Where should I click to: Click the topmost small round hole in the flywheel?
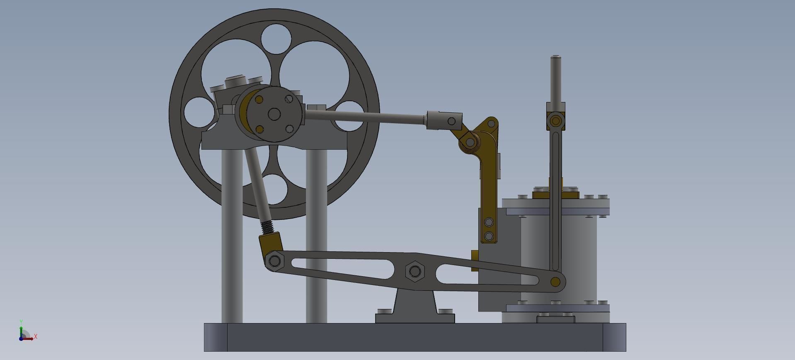(276, 39)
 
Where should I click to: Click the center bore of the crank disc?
(274, 114)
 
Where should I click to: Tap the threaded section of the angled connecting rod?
(268, 227)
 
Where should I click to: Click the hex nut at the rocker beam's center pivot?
(414, 272)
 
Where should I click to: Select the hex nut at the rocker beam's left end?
(274, 261)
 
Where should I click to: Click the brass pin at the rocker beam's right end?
(555, 282)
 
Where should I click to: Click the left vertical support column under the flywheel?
(232, 236)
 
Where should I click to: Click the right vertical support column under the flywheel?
(316, 236)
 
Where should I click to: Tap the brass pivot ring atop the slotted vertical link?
(556, 121)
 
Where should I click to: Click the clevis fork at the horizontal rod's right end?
(445, 121)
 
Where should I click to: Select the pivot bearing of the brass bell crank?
(470, 142)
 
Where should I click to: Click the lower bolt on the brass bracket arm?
(489, 236)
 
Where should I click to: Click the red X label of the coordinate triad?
(36, 336)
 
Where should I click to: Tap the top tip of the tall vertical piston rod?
(556, 57)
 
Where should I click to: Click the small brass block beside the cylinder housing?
(475, 260)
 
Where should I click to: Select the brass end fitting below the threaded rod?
(271, 242)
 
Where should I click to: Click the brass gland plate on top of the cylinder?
(555, 195)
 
